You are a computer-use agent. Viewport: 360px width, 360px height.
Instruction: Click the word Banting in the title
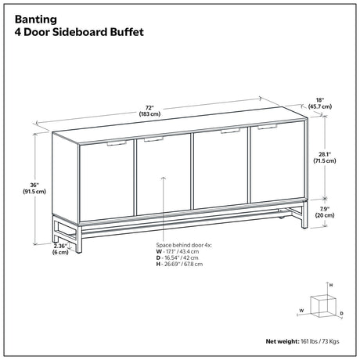[36, 20]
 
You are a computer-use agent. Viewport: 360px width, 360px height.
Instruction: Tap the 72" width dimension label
[149, 110]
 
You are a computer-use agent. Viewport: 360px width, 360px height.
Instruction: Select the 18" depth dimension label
[320, 103]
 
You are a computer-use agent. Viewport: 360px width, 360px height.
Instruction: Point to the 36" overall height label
[34, 188]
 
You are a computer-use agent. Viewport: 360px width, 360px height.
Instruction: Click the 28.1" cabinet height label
[325, 157]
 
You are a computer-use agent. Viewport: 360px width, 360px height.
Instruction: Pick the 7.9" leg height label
[325, 212]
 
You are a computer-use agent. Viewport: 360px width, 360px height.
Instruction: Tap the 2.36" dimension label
[60, 249]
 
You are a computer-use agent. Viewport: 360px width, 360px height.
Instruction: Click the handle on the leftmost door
[117, 143]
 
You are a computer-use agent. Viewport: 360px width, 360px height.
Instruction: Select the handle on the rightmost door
[267, 127]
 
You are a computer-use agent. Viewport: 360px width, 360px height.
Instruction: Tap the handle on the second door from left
[153, 139]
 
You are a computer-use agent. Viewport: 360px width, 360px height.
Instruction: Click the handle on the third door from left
[230, 131]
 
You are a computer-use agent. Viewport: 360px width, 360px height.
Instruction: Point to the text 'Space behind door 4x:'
[184, 245]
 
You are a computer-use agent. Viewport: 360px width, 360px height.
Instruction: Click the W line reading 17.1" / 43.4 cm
[178, 251]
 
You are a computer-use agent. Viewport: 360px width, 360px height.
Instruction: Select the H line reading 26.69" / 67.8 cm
[179, 264]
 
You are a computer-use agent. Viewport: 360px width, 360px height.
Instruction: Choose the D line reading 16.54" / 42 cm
[177, 257]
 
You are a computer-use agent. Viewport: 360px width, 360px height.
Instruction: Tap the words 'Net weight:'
[283, 341]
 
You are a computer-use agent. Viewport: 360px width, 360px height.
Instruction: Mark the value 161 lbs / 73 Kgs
[320, 341]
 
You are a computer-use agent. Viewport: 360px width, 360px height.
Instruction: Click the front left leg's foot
[78, 251]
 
